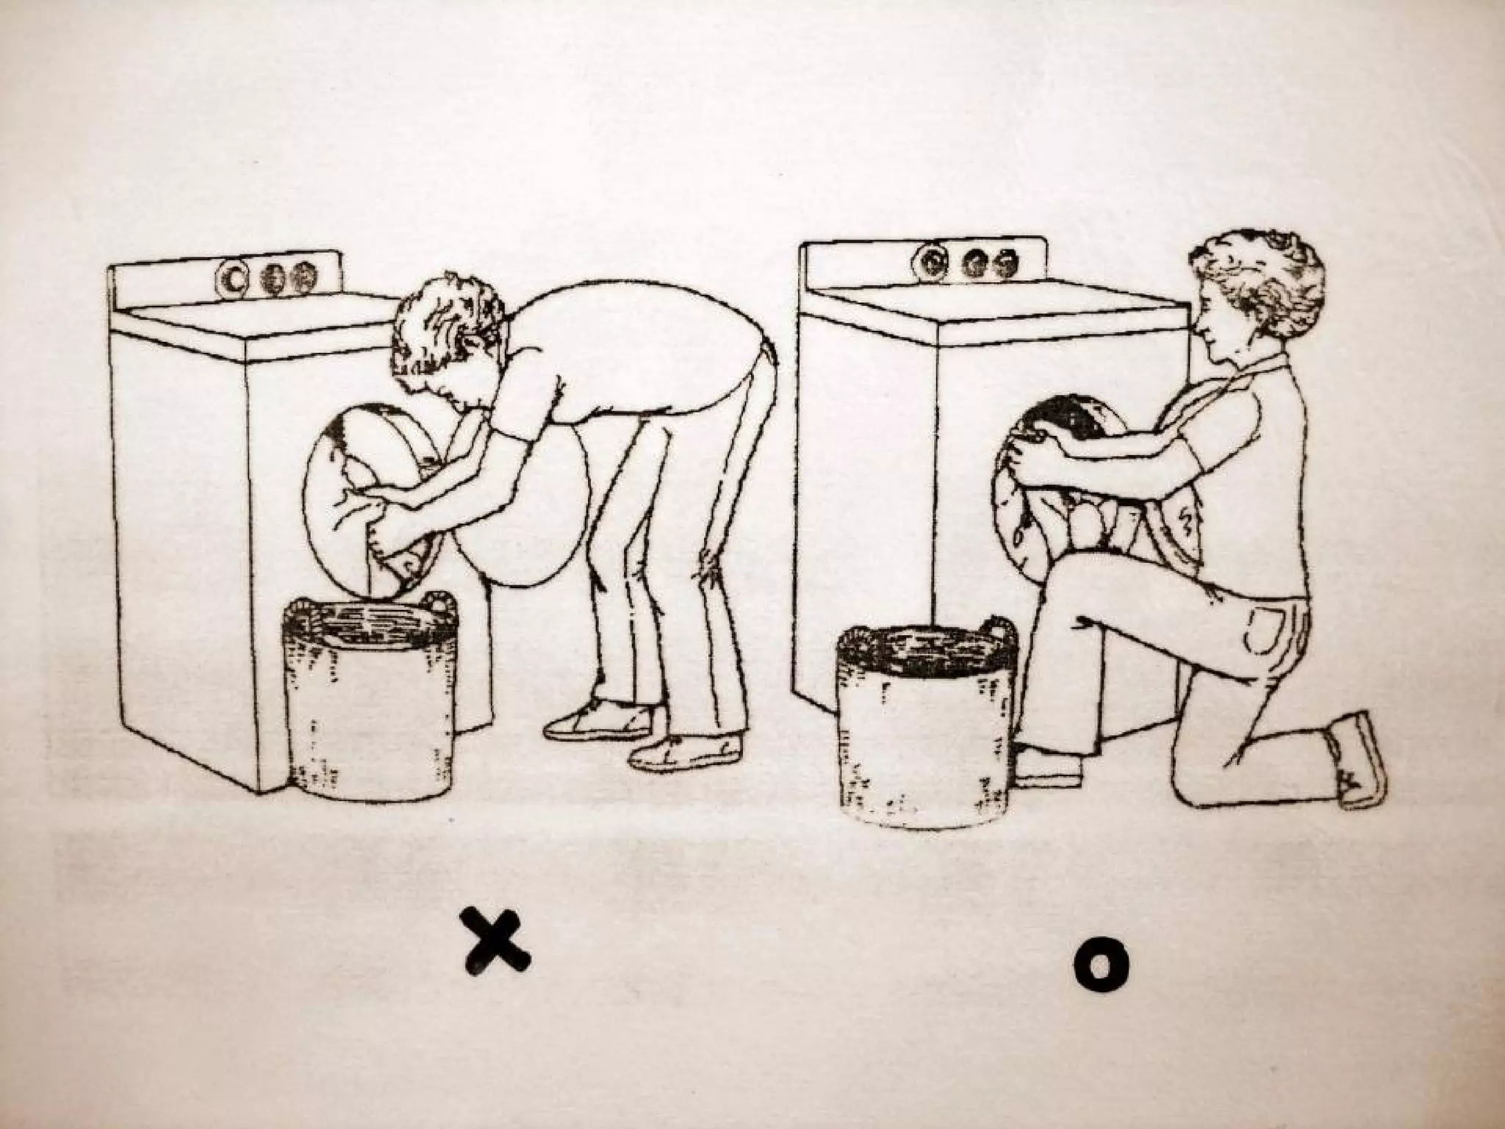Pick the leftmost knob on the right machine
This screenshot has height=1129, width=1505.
pos(935,260)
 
